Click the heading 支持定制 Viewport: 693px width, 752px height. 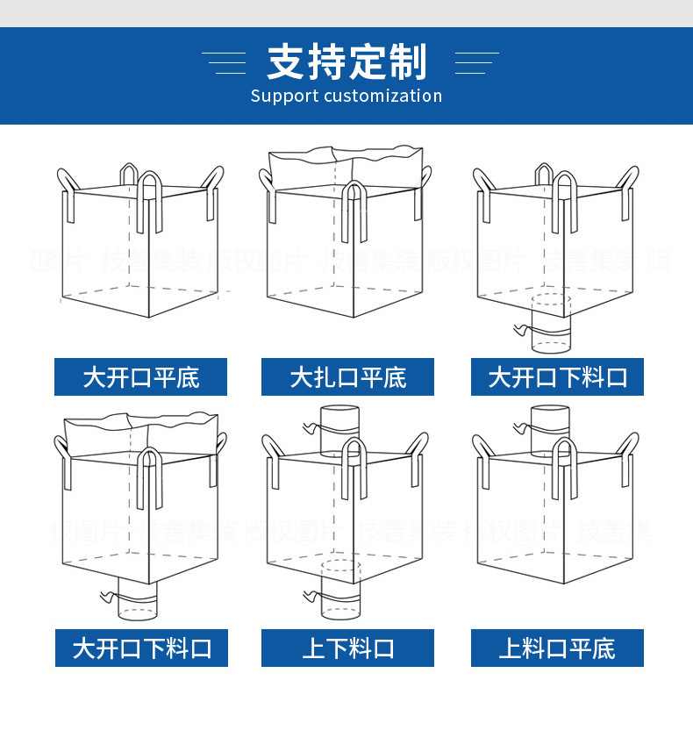point(346,62)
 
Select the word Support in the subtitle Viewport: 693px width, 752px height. point(283,96)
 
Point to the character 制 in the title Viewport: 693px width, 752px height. point(407,62)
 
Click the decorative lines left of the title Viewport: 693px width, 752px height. point(225,62)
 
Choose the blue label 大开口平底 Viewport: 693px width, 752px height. point(140,377)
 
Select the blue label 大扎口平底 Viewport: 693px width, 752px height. point(347,377)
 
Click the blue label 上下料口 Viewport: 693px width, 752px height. point(347,648)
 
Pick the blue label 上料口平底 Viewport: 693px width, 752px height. point(557,648)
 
